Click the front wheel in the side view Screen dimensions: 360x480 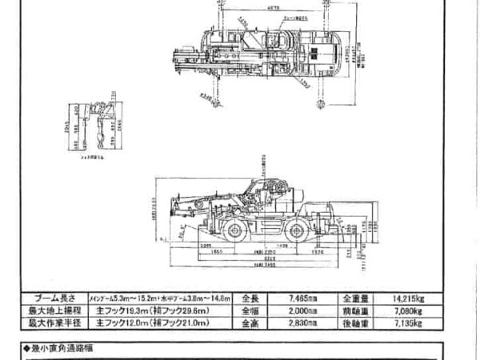[238, 231]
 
